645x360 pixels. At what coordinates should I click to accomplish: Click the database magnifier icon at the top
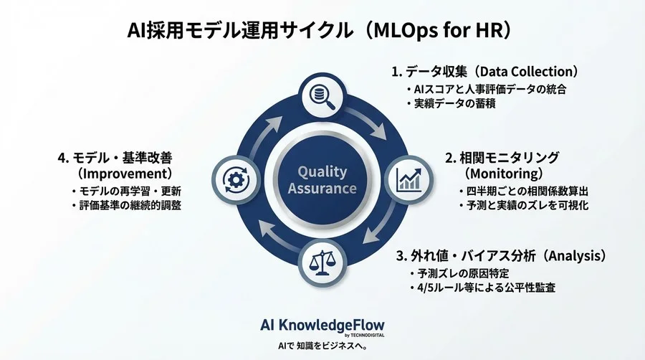323,97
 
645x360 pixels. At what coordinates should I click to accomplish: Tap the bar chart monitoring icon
408,179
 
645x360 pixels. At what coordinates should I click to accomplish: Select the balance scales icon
322,263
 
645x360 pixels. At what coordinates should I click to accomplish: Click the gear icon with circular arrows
236,179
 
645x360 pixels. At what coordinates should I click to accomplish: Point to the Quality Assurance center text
322,180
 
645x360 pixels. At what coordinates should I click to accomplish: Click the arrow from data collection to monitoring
367,123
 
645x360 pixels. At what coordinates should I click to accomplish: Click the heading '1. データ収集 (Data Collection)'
485,72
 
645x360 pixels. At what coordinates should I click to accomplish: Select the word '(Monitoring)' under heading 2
504,174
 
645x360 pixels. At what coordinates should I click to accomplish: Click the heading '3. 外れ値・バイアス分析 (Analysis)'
501,256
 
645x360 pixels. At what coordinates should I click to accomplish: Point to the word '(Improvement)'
124,174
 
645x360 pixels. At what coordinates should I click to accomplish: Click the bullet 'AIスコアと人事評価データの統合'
487,89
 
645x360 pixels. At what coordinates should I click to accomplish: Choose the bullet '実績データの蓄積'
451,103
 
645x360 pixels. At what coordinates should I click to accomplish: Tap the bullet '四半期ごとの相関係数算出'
524,191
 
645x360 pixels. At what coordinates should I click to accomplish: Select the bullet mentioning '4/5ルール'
482,288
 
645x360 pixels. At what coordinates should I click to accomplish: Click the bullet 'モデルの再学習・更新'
126,191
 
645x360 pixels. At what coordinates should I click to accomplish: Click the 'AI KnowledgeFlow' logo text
322,325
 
